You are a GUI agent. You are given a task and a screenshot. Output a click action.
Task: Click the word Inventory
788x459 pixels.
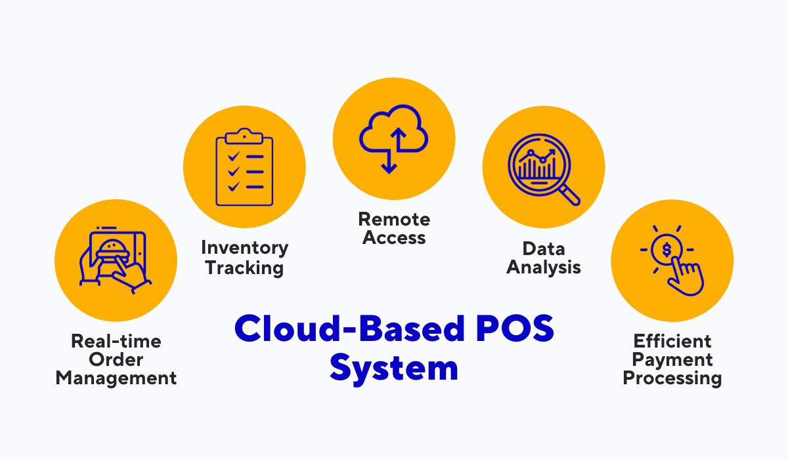244,248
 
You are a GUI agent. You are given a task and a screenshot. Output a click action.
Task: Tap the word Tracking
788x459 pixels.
244,268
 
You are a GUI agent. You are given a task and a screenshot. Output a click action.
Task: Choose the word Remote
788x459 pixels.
394,219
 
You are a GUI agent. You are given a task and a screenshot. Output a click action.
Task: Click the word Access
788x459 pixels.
394,238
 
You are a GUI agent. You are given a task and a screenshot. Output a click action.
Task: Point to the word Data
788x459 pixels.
544,249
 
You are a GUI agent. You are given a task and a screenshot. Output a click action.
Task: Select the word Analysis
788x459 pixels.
544,268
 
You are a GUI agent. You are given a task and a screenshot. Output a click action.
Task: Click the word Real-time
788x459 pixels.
116,341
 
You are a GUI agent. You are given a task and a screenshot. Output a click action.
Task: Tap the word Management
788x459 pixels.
116,378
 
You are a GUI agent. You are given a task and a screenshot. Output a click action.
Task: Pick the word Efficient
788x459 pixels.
672,341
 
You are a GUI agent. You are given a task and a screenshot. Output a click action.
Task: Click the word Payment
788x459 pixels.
672,359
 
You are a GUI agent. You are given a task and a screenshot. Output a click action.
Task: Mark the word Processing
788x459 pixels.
672,378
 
